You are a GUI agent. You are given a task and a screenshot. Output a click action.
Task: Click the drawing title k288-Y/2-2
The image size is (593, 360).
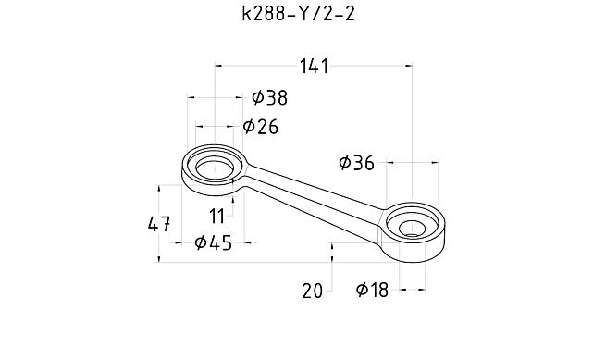coord(299,15)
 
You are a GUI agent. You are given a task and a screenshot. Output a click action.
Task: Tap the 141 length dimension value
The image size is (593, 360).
coord(315,67)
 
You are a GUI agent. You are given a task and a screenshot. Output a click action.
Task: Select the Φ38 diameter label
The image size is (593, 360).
coord(269,97)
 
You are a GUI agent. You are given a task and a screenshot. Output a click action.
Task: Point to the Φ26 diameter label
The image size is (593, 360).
coord(260,126)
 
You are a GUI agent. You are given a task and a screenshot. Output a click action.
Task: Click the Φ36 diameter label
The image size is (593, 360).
coord(356,163)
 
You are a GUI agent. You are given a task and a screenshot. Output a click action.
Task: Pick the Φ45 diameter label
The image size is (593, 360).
coord(213,242)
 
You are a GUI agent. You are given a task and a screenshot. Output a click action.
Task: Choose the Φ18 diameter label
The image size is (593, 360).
coord(372,290)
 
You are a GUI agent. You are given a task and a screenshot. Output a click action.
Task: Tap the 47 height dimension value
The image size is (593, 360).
coord(159,224)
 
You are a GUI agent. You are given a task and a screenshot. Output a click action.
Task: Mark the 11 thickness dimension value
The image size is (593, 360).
coord(217,217)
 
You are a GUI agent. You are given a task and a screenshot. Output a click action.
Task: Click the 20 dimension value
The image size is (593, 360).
coord(313,292)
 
